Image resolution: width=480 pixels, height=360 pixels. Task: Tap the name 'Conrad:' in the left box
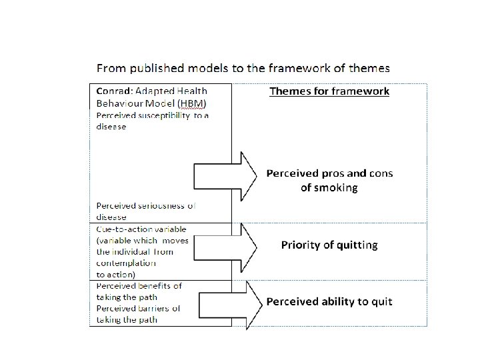[113, 91]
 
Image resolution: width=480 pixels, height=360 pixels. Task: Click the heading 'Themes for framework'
[329, 91]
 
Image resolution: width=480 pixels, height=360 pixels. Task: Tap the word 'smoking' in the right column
[329, 187]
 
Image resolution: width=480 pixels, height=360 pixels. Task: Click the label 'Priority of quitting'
[329, 245]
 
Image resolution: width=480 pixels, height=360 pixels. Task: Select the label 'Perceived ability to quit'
[329, 301]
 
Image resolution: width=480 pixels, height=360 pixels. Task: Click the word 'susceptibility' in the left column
[163, 115]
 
